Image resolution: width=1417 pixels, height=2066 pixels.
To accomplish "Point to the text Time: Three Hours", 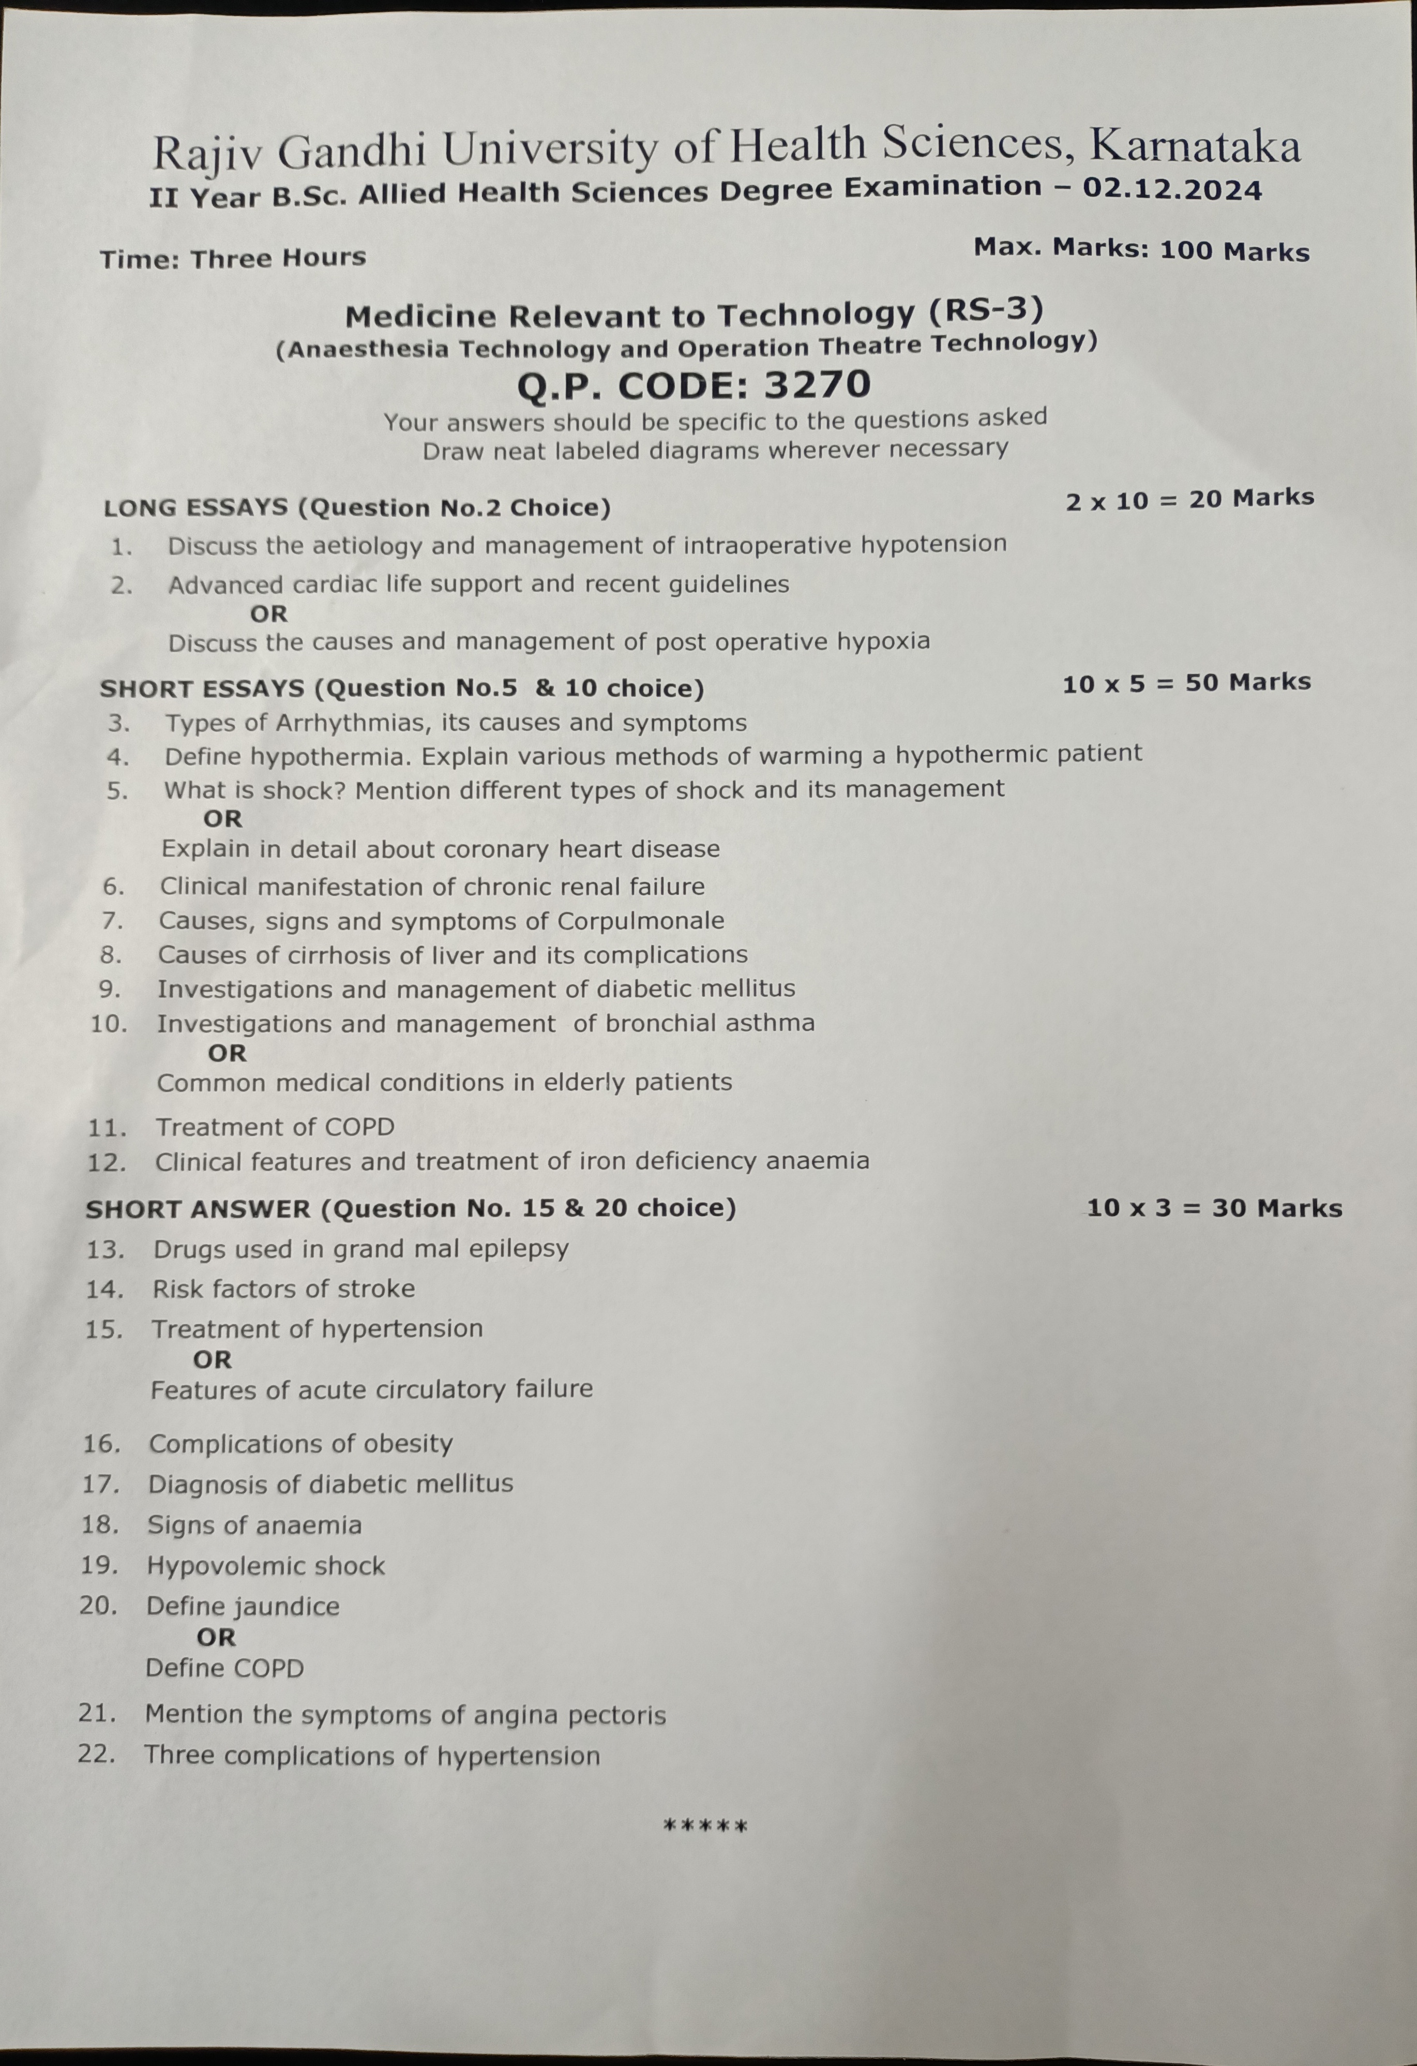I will click(x=233, y=259).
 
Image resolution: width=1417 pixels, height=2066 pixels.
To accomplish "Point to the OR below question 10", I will click(x=227, y=1054).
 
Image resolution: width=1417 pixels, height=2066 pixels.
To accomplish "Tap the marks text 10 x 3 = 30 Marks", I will click(x=1213, y=1208).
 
